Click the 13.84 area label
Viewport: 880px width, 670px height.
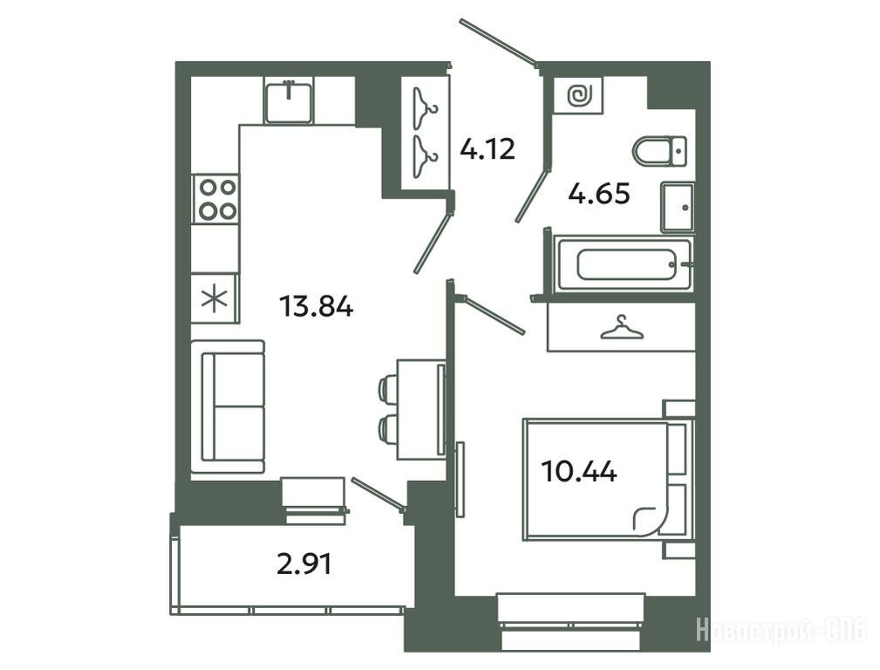316,307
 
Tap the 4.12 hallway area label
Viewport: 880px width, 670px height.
488,149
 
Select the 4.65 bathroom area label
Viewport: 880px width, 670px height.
599,194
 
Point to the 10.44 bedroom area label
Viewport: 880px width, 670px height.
579,471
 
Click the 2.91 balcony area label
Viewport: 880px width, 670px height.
304,564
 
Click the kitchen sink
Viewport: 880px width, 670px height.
289,102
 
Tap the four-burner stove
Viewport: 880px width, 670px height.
215,199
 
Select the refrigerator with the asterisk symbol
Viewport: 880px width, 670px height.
215,298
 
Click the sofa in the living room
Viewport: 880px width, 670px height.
228,407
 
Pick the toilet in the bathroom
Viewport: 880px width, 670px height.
659,151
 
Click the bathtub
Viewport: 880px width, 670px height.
624,264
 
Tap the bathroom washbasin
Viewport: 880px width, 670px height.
678,207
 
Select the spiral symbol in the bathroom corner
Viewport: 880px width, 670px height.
577,95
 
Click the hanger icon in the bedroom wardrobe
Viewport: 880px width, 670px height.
621,327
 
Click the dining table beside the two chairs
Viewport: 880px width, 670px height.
421,410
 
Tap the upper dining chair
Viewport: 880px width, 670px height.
388,389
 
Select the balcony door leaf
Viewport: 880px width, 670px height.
378,494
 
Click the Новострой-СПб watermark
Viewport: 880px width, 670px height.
781,630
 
